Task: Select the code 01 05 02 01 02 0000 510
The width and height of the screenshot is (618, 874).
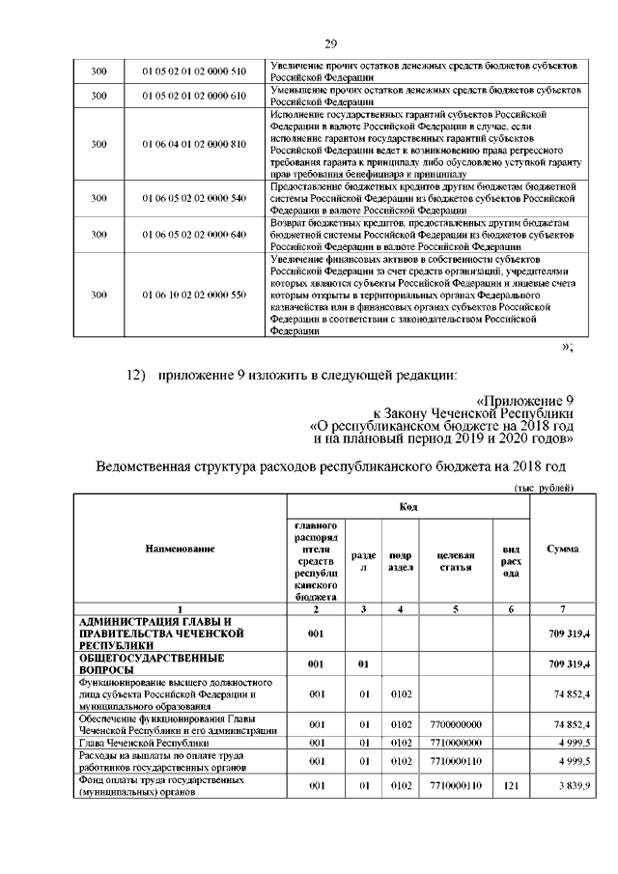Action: [x=194, y=70]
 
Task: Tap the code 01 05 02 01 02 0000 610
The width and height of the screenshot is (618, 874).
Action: [x=194, y=96]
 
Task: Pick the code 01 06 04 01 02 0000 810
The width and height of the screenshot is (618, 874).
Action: [x=194, y=144]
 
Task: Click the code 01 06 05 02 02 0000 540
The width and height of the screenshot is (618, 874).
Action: [x=194, y=198]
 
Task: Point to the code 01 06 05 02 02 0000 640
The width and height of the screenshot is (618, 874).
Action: [x=194, y=235]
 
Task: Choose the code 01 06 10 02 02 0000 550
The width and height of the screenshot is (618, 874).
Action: [x=194, y=295]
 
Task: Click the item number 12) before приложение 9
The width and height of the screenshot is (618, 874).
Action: [x=128, y=375]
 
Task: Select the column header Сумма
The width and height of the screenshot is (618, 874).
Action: [x=562, y=549]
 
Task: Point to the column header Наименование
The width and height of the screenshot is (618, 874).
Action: [x=180, y=549]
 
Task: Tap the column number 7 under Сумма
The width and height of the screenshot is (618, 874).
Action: [x=562, y=609]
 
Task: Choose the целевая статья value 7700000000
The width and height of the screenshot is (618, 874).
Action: [x=455, y=723]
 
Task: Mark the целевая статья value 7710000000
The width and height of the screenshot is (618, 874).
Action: [x=455, y=744]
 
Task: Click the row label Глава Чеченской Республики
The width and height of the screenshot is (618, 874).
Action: [x=144, y=744]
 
